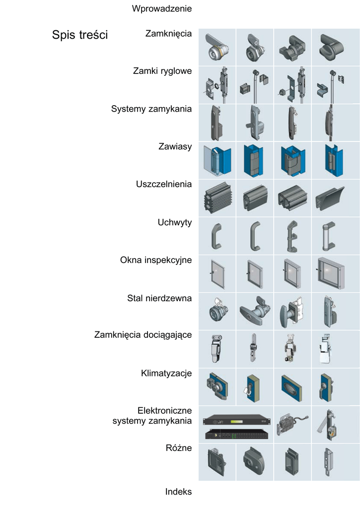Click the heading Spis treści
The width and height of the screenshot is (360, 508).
click(x=80, y=35)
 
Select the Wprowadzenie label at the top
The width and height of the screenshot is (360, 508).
click(x=162, y=8)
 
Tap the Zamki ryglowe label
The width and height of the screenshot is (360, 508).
click(x=162, y=71)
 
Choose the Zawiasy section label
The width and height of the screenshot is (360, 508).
click(x=175, y=146)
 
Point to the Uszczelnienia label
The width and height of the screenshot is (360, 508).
click(x=164, y=184)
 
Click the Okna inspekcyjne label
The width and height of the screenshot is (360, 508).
click(x=156, y=260)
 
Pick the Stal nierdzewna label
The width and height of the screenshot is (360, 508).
click(x=159, y=298)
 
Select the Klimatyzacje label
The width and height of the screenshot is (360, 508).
click(x=166, y=373)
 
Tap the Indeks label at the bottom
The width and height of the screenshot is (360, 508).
click(x=178, y=492)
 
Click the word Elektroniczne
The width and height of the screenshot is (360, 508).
click(x=164, y=411)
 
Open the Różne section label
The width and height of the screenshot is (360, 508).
click(x=178, y=448)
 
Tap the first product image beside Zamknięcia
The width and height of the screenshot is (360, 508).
click(x=217, y=47)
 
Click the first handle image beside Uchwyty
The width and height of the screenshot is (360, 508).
click(x=217, y=236)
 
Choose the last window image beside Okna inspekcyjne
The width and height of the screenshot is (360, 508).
click(x=330, y=273)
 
